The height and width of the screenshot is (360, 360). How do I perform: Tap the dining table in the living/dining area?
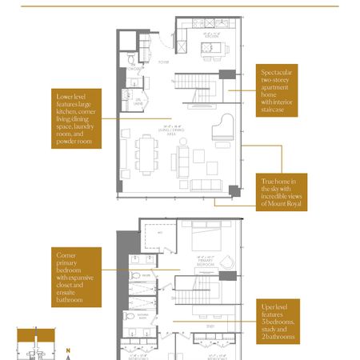point(146,154)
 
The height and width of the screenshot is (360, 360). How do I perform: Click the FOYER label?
point(163,62)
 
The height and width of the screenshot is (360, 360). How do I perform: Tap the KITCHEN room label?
point(212,36)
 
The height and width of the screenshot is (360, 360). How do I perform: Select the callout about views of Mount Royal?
point(282,193)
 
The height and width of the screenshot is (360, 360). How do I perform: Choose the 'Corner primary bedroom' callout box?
point(77,276)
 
